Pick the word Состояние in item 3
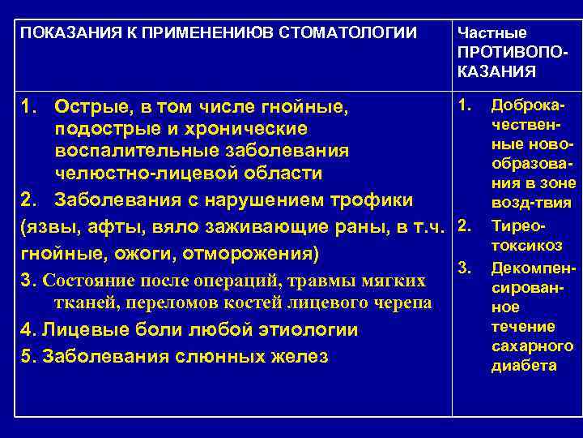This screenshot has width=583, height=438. pyautogui.click(x=87, y=281)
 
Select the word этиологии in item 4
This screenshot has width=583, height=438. pyautogui.click(x=287, y=330)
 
